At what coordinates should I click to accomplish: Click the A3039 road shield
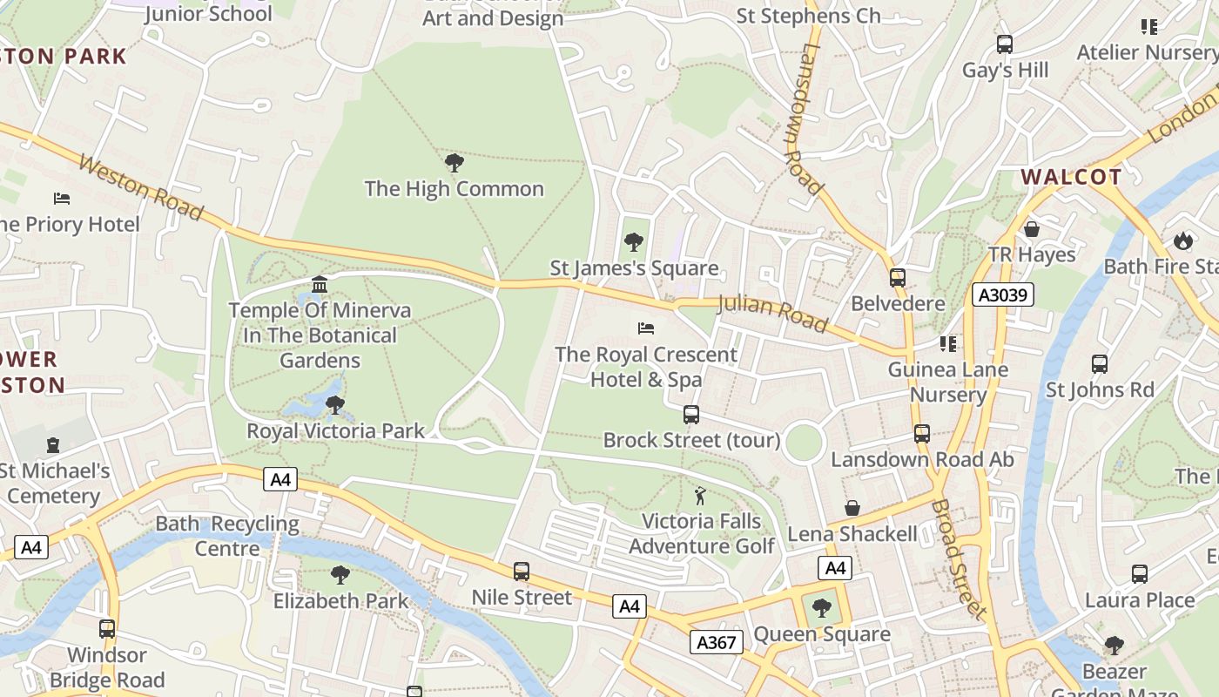click(x=1003, y=295)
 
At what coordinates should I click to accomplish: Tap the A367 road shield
click(x=717, y=643)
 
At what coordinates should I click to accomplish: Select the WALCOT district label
click(x=1071, y=177)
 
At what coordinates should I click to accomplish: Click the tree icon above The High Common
click(x=454, y=163)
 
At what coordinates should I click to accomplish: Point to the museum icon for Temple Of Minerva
click(x=320, y=285)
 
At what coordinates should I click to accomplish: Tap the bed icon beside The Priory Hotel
click(x=61, y=199)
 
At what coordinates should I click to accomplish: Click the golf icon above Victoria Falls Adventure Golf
click(x=700, y=497)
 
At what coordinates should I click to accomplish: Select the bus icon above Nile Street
click(x=521, y=572)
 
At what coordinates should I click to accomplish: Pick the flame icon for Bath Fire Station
click(x=1182, y=240)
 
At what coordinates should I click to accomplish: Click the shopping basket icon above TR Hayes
click(x=1032, y=229)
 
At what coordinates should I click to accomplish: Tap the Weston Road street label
click(x=140, y=187)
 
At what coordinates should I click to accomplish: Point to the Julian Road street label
click(x=771, y=314)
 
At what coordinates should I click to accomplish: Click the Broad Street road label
click(x=959, y=558)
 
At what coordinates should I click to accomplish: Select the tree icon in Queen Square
click(x=821, y=607)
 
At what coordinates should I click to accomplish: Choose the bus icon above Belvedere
click(x=898, y=278)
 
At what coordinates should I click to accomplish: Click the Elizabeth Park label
click(x=340, y=601)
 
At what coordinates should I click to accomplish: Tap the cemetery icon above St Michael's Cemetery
click(x=53, y=445)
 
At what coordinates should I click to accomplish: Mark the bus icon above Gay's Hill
click(x=1005, y=44)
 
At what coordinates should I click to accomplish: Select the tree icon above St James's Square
click(x=634, y=242)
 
